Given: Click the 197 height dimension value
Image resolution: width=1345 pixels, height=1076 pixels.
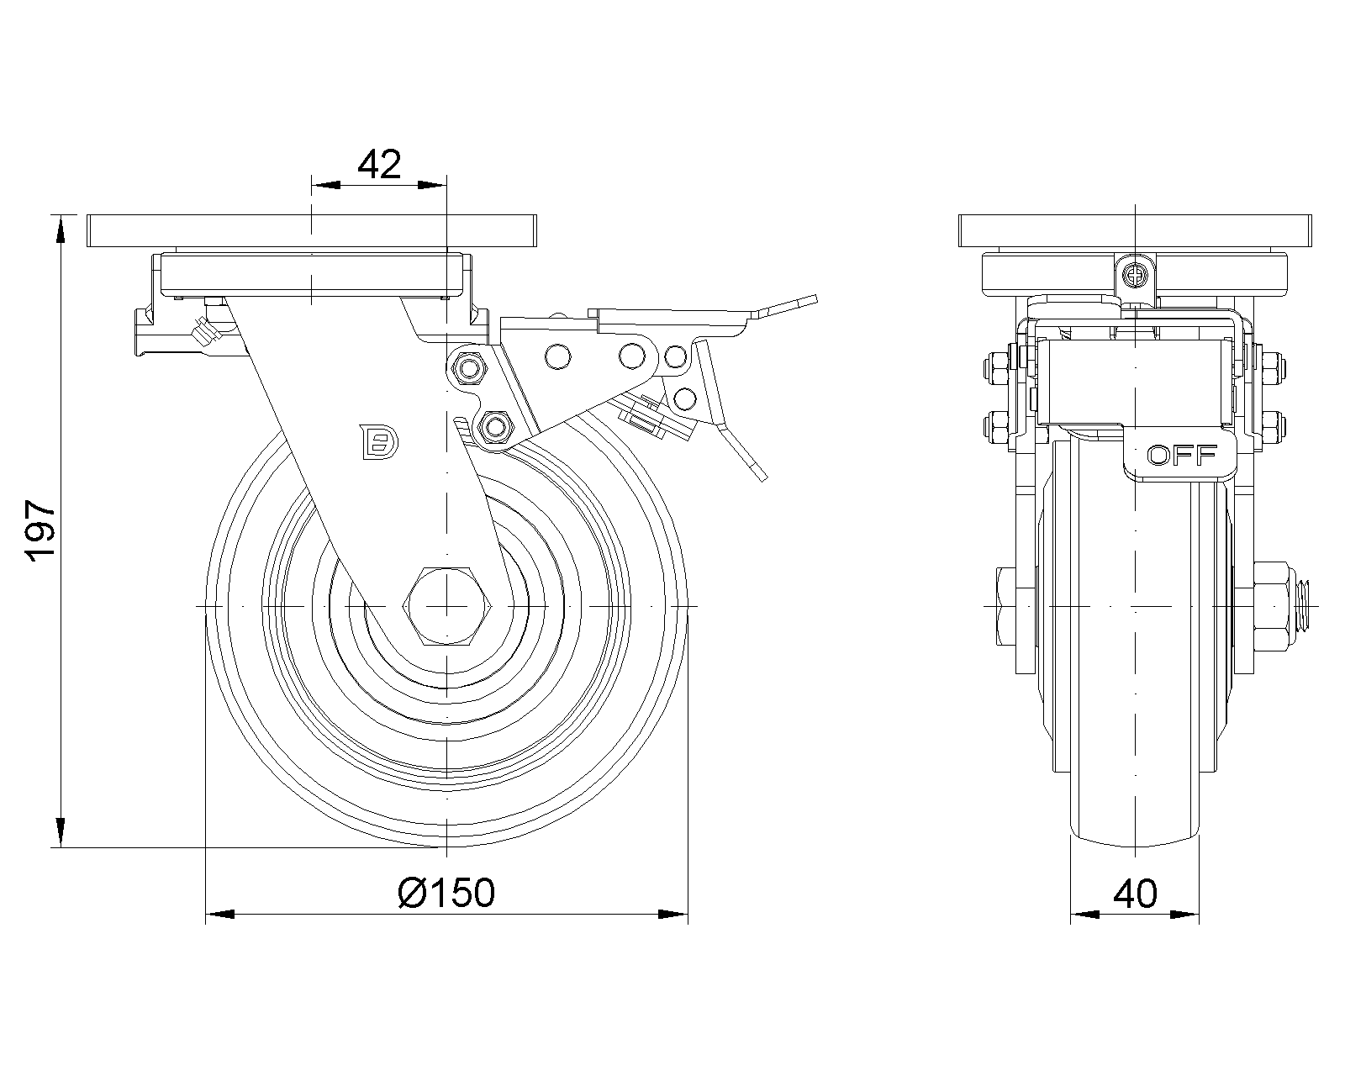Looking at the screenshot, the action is pyautogui.click(x=40, y=530).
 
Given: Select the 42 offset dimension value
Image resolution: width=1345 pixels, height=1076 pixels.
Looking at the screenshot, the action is pyautogui.click(x=379, y=165).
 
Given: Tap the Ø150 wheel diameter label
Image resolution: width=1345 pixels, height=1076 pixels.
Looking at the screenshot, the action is pyautogui.click(x=446, y=893).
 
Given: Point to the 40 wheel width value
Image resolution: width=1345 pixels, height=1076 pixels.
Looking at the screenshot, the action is pyautogui.click(x=1135, y=894).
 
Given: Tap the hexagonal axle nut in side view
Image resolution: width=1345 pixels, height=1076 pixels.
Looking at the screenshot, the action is pyautogui.click(x=447, y=605).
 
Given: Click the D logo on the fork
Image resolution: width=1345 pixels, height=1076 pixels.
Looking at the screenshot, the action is pyautogui.click(x=379, y=441).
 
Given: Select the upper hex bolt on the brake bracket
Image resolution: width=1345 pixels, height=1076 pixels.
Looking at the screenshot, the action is pyautogui.click(x=467, y=369).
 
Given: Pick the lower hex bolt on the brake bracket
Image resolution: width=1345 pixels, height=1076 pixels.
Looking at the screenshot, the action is pyautogui.click(x=495, y=427).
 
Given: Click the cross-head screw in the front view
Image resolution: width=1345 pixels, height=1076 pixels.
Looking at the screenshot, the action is pyautogui.click(x=1135, y=274).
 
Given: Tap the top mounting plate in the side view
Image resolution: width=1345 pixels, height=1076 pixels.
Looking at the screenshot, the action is pyautogui.click(x=311, y=231).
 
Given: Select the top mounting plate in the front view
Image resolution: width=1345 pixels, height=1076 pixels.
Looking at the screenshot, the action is pyautogui.click(x=1135, y=231).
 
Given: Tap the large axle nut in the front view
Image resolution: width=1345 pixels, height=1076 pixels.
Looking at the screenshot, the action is pyautogui.click(x=1269, y=606).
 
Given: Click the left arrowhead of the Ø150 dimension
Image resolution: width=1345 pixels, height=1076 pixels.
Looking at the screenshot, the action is pyautogui.click(x=220, y=914).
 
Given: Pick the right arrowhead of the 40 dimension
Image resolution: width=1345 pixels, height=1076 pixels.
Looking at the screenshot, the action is pyautogui.click(x=1184, y=914).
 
